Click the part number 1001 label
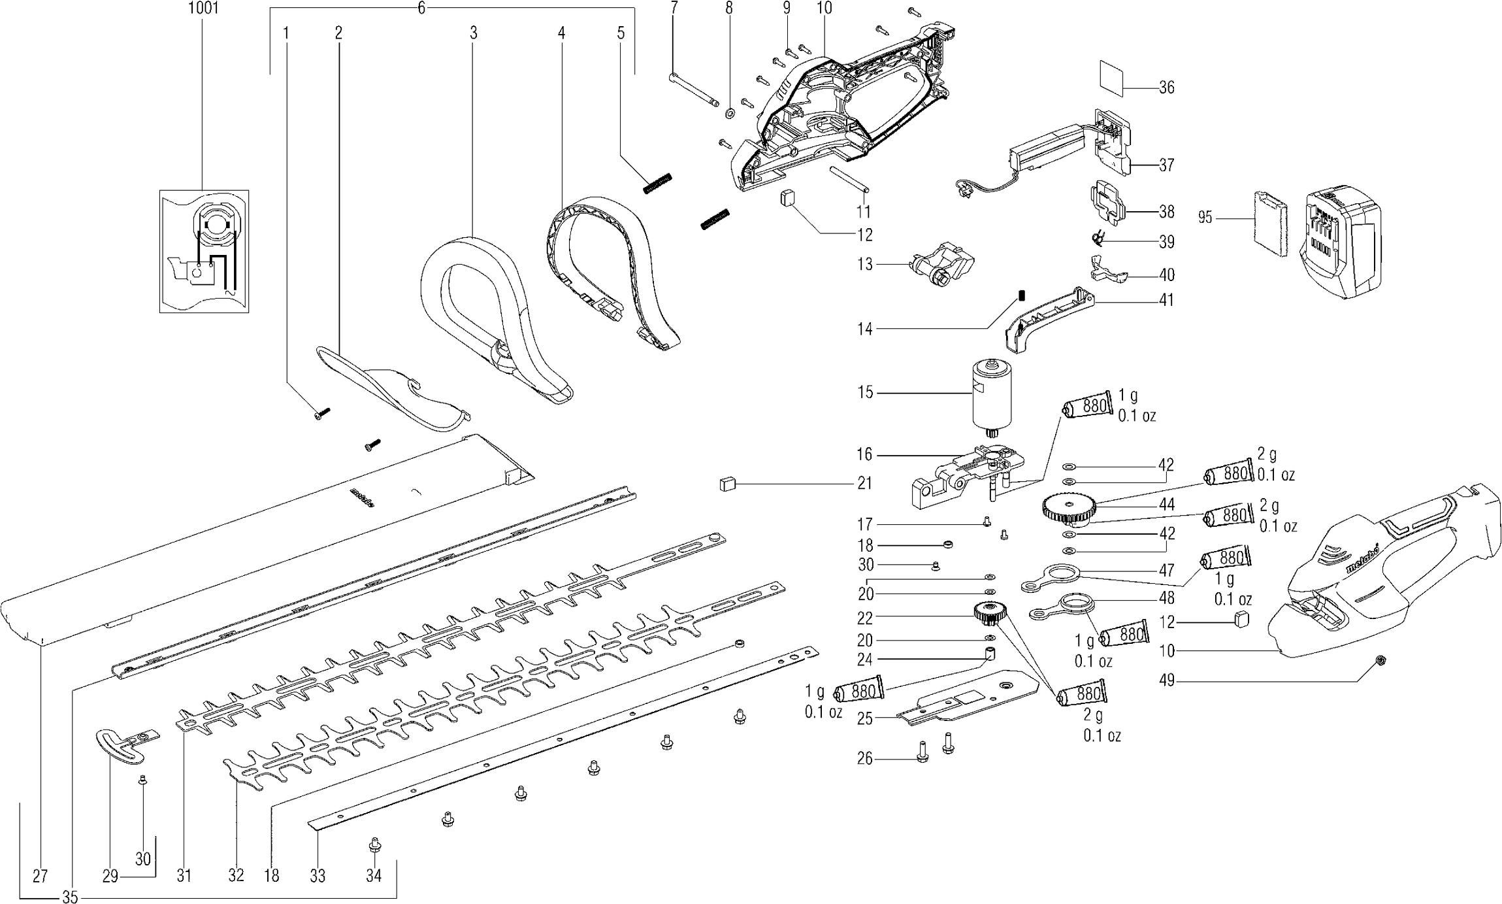203,8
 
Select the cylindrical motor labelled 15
991,396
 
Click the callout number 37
1166,165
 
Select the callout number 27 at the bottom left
40,876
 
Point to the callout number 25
865,719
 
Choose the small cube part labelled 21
728,483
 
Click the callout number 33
318,876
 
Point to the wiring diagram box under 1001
204,252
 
